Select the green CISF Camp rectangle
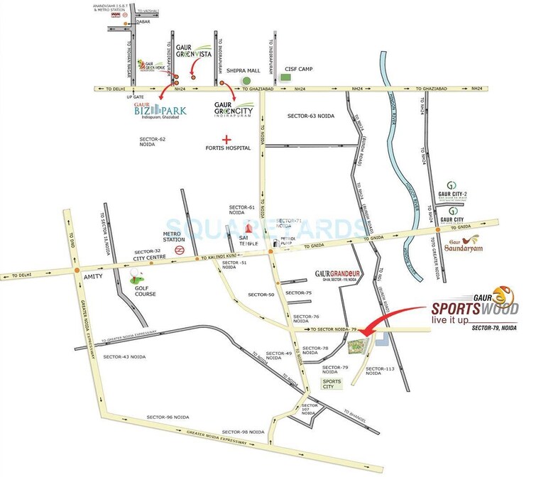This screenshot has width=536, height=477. (x=285, y=77)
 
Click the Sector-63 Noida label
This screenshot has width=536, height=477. (x=311, y=115)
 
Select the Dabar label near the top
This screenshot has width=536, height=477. (x=135, y=21)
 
